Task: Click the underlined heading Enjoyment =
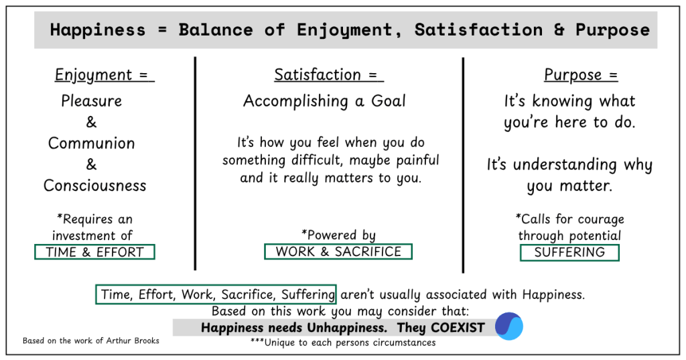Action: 105,75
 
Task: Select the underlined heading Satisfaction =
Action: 329,75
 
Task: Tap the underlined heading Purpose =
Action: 581,75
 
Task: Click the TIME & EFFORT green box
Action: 94,252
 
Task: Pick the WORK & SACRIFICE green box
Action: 338,251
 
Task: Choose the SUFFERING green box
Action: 569,252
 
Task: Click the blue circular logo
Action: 509,326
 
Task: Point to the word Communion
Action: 91,143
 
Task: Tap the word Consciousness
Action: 95,186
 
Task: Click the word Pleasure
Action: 91,101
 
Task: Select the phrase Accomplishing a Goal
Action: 325,101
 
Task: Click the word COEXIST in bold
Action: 458,328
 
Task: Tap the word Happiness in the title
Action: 98,29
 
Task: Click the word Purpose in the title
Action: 612,29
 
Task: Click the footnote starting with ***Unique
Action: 343,343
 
